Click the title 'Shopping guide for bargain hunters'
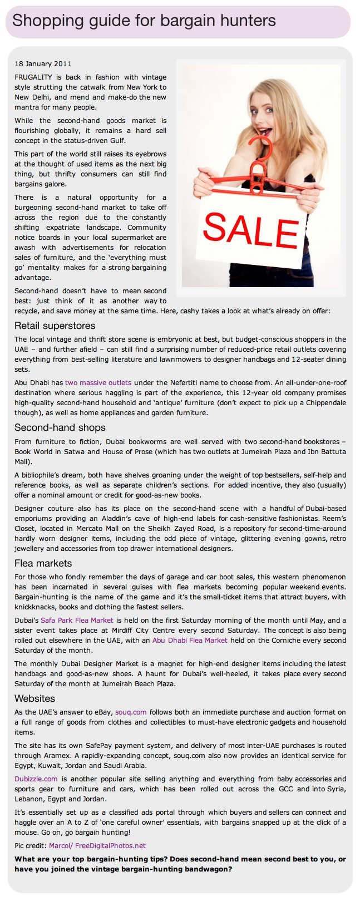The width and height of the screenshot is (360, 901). pyautogui.click(x=144, y=21)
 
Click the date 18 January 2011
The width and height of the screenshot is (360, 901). pyautogui.click(x=43, y=64)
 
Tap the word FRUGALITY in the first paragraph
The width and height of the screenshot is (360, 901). pyautogui.click(x=33, y=77)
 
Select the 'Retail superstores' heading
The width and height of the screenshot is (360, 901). pyautogui.click(x=55, y=326)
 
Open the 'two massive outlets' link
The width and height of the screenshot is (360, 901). pyautogui.click(x=98, y=383)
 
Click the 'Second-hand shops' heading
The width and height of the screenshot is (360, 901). pyautogui.click(x=60, y=427)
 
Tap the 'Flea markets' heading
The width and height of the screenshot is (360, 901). pyautogui.click(x=43, y=563)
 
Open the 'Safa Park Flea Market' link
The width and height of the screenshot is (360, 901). pyautogui.click(x=77, y=621)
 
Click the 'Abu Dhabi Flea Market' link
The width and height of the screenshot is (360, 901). pyautogui.click(x=190, y=641)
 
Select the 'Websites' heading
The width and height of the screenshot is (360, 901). pyautogui.click(x=35, y=698)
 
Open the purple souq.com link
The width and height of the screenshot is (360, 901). pyautogui.click(x=131, y=712)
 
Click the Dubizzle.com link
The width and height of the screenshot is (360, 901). pyautogui.click(x=36, y=779)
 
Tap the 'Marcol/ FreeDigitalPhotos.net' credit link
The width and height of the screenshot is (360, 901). pyautogui.click(x=97, y=846)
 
